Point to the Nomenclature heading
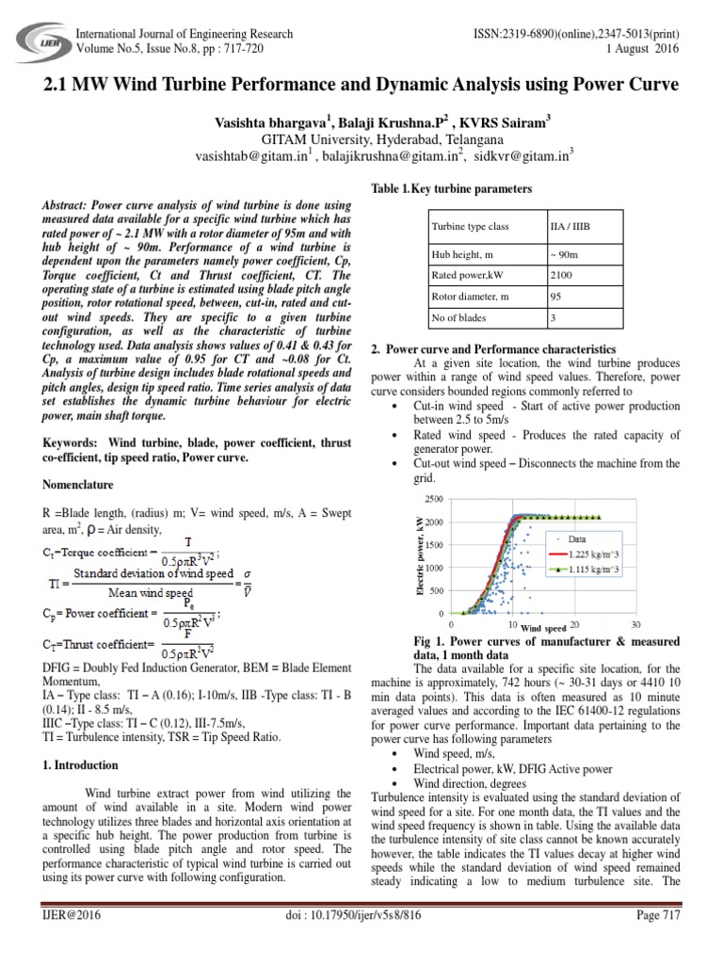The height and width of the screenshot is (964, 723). pyautogui.click(x=78, y=485)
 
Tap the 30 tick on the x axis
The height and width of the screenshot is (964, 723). pyautogui.click(x=635, y=624)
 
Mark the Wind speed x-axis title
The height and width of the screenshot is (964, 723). pyautogui.click(x=543, y=627)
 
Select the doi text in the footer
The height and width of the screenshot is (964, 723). pyautogui.click(x=360, y=940)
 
